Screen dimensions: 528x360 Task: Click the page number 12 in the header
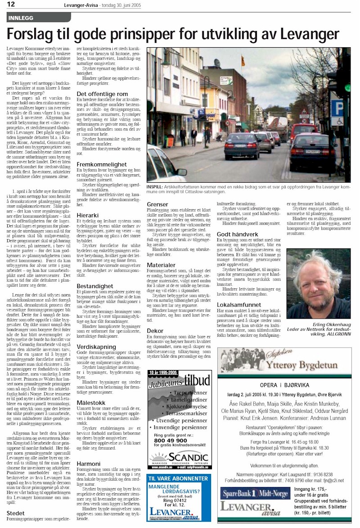click(11, 5)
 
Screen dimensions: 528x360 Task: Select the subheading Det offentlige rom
click(102, 94)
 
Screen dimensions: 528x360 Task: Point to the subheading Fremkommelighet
click(101, 165)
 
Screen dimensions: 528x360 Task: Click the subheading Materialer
click(161, 265)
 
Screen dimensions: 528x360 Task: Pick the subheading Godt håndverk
click(237, 234)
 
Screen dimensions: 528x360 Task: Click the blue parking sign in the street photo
click(337, 109)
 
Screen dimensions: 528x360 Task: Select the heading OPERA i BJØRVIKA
click(284, 385)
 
